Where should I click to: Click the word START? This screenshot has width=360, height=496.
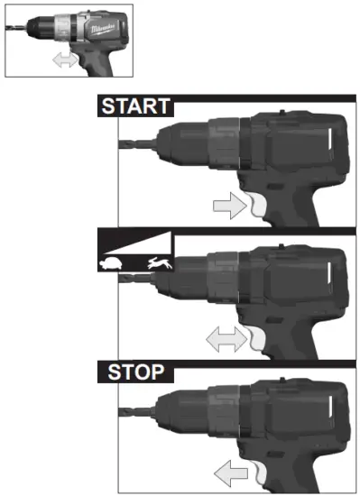click(134, 106)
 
